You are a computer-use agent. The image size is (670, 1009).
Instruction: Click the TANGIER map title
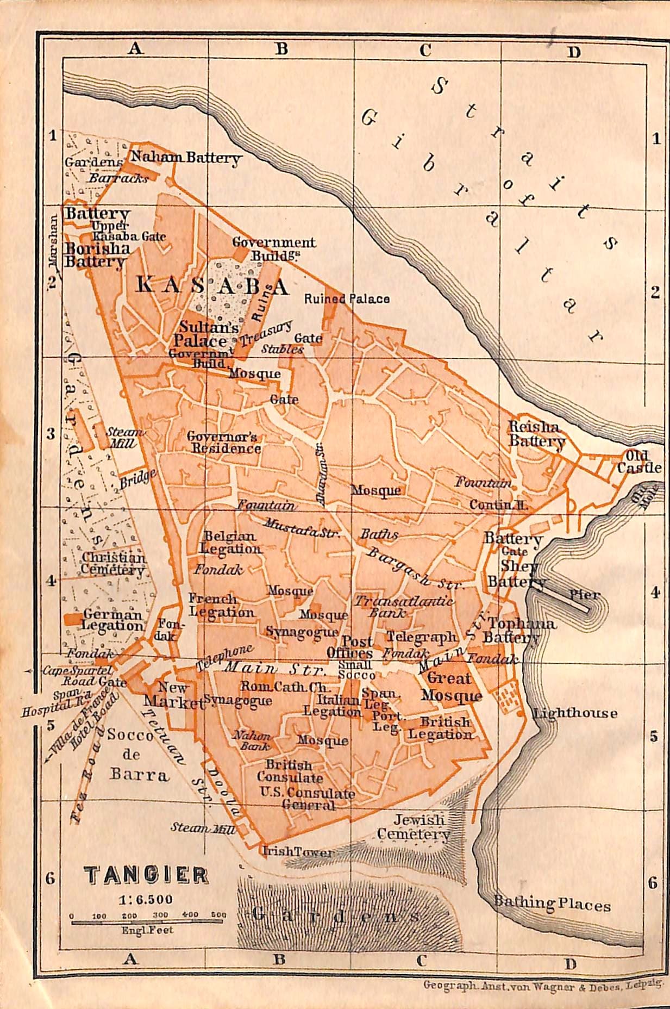(146, 876)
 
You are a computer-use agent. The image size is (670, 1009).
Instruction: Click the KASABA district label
(212, 285)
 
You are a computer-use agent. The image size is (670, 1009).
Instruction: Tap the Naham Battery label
(185, 159)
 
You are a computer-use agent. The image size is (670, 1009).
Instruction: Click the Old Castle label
(643, 462)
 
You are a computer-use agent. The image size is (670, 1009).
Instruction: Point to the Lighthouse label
(575, 713)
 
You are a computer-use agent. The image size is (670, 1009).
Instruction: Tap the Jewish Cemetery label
(413, 827)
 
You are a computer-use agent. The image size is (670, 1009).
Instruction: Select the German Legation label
(112, 620)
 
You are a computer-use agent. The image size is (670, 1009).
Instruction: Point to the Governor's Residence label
(224, 443)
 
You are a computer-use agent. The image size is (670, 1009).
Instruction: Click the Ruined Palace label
(347, 298)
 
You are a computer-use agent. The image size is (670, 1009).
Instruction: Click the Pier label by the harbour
(584, 595)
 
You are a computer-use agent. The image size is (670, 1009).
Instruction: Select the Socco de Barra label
(137, 755)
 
